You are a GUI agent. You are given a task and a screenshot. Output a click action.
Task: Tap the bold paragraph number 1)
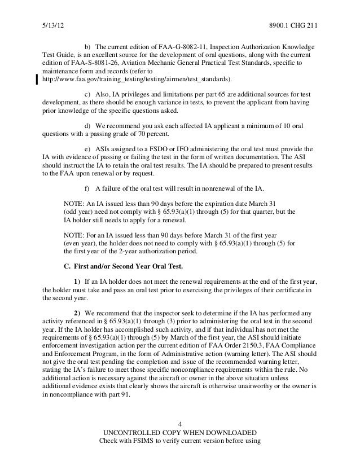pyautogui.click(x=78, y=282)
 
